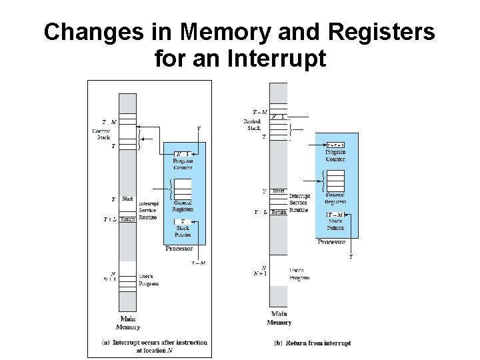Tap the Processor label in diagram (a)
pyautogui.click(x=179, y=249)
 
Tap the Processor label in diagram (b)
pyautogui.click(x=331, y=242)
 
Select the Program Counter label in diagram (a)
pyautogui.click(x=182, y=164)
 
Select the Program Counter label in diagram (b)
pyautogui.click(x=335, y=155)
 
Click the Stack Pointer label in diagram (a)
pyautogui.click(x=183, y=232)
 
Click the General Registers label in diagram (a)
pyautogui.click(x=183, y=206)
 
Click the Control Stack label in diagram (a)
pyautogui.click(x=101, y=134)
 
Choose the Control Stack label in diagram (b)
pyautogui.click(x=253, y=124)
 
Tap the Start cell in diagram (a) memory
pyautogui.click(x=128, y=199)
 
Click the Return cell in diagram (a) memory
pyautogui.click(x=128, y=219)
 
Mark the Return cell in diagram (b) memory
pyautogui.click(x=279, y=212)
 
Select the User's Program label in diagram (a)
pyautogui.click(x=149, y=279)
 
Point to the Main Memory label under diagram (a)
pyautogui.click(x=128, y=323)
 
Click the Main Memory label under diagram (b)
pyautogui.click(x=279, y=318)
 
